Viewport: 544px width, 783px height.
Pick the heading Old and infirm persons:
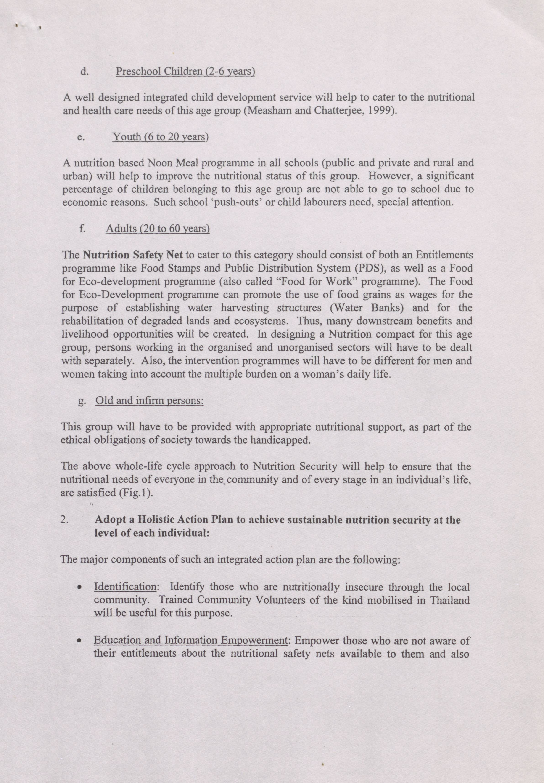tap(149, 400)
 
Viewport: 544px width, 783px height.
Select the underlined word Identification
tap(125, 587)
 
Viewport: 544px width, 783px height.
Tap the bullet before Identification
tap(79, 588)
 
